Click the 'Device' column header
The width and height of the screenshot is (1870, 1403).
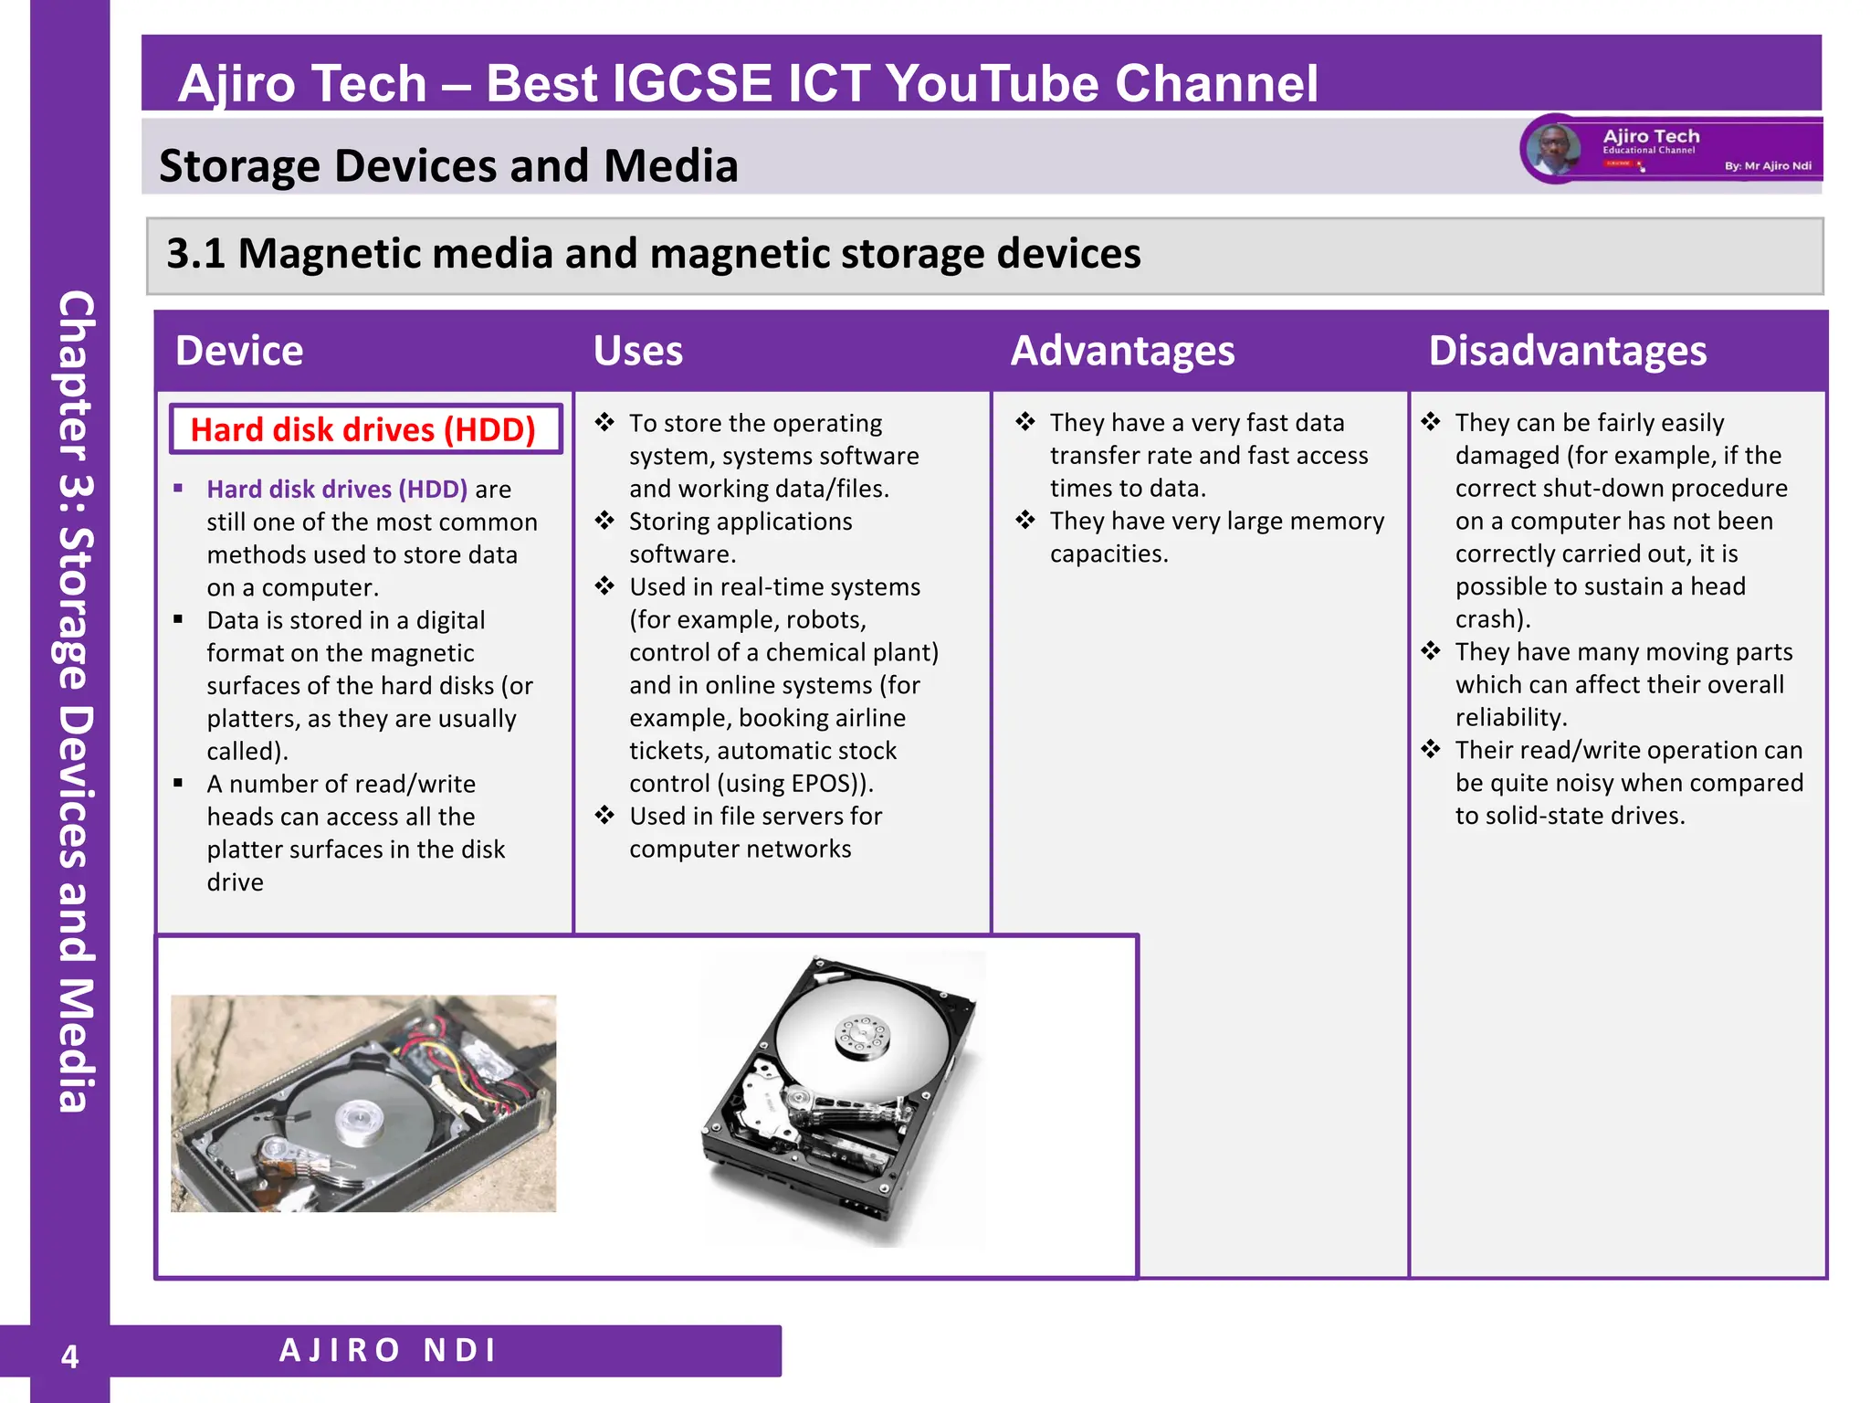click(239, 352)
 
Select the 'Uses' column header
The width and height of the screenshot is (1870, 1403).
click(637, 352)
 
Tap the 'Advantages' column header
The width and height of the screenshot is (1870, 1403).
click(1122, 352)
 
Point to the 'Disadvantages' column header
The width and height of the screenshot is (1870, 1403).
click(1567, 352)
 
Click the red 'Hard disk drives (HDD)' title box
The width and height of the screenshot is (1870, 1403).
click(363, 429)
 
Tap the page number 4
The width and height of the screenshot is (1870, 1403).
click(69, 1356)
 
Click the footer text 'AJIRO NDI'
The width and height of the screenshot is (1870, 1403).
click(388, 1350)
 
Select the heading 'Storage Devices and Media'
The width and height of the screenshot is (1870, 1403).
click(448, 166)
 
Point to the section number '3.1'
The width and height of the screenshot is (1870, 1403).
click(194, 254)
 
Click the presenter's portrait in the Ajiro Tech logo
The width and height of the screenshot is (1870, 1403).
click(1554, 150)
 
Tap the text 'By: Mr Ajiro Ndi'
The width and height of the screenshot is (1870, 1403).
click(1768, 166)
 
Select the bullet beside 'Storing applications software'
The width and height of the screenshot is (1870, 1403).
click(604, 521)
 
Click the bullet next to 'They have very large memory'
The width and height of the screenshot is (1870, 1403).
click(1025, 521)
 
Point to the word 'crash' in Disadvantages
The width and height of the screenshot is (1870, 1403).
click(1485, 619)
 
